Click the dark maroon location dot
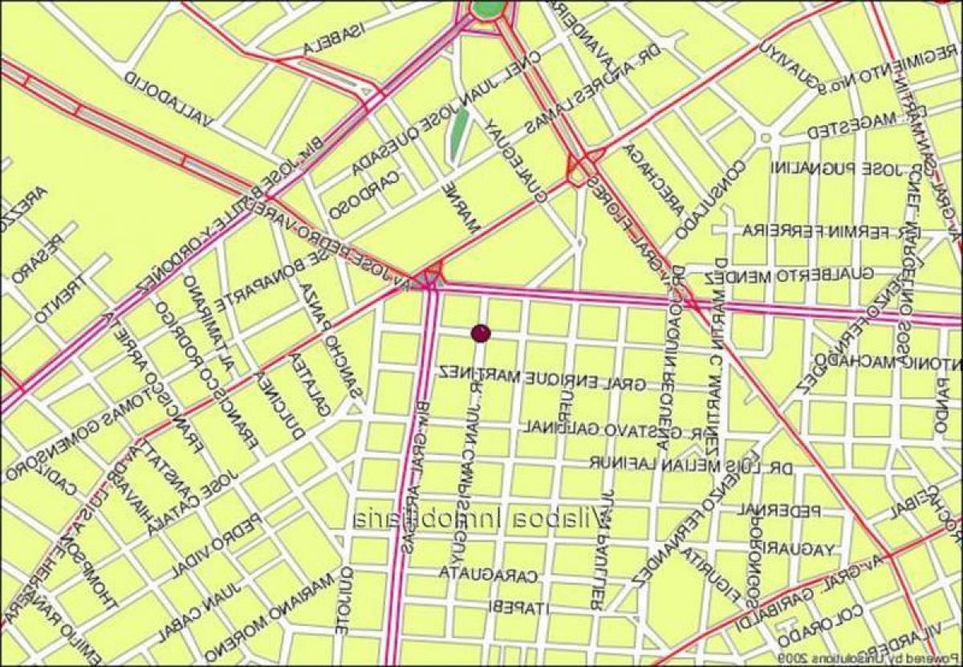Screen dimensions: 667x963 click(x=480, y=331)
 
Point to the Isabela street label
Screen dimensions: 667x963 click(x=334, y=39)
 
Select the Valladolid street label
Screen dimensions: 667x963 click(x=168, y=100)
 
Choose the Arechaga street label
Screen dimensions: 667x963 click(x=656, y=181)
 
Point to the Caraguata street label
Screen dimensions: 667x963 click(x=488, y=573)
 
